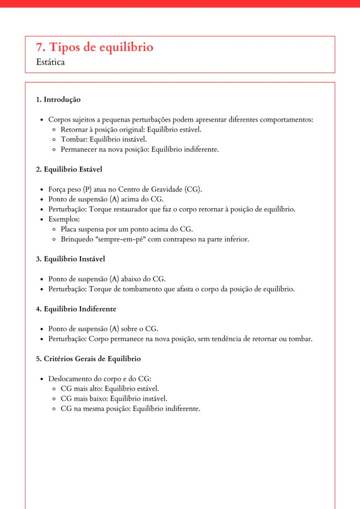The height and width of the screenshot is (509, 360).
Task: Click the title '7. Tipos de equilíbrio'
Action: pos(95,47)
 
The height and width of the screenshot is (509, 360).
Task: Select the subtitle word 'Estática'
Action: pos(51,62)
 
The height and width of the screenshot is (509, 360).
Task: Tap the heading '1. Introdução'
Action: pos(58,100)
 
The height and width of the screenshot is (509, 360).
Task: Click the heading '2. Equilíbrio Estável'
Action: pos(69,169)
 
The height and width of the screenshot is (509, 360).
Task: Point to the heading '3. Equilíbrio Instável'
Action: pos(70,259)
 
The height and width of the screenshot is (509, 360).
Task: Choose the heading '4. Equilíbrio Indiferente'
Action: pos(76,309)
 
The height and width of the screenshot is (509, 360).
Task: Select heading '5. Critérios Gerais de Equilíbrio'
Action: pos(88,359)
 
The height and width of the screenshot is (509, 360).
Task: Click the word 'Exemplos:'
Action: pos(61,219)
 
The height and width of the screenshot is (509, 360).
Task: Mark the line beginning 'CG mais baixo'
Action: pos(113,399)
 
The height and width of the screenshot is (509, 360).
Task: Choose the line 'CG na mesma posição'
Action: pos(130,409)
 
